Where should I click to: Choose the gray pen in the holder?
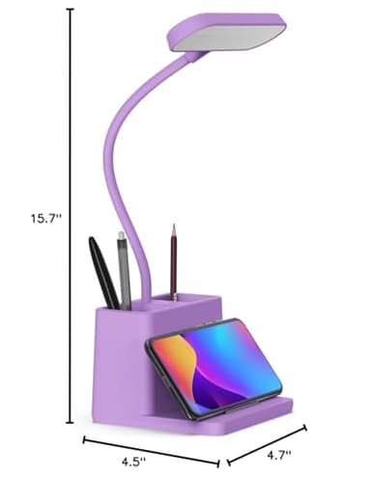pos(124,271)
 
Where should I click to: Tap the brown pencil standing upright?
pos(174,266)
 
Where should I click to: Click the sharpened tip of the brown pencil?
pos(175,228)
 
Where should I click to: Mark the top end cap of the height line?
pos(70,9)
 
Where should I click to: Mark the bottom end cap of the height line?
pos(70,423)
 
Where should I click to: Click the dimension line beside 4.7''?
pos(268,439)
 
